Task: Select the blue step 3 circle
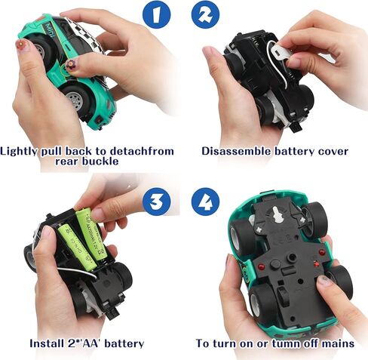(x=157, y=202)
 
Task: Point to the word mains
(x=336, y=343)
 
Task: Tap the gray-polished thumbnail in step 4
(x=324, y=281)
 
